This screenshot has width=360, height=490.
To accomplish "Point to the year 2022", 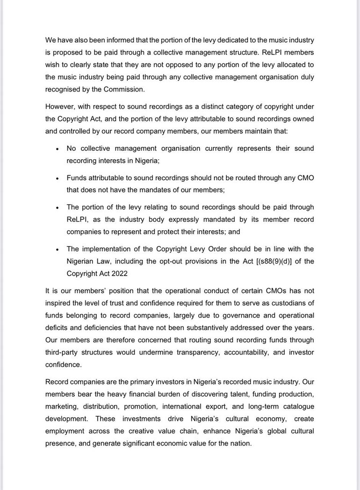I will coord(118,273).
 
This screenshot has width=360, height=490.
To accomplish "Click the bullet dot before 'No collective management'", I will coord(57,149).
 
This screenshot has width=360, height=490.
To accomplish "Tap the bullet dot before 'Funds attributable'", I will coord(57,178).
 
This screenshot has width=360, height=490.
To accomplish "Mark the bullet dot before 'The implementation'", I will coord(57,249).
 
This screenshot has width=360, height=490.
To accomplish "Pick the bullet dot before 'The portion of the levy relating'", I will coord(57,208).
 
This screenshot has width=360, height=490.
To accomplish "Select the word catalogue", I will coord(297,406).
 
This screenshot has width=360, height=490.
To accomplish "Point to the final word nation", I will coord(240,443).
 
